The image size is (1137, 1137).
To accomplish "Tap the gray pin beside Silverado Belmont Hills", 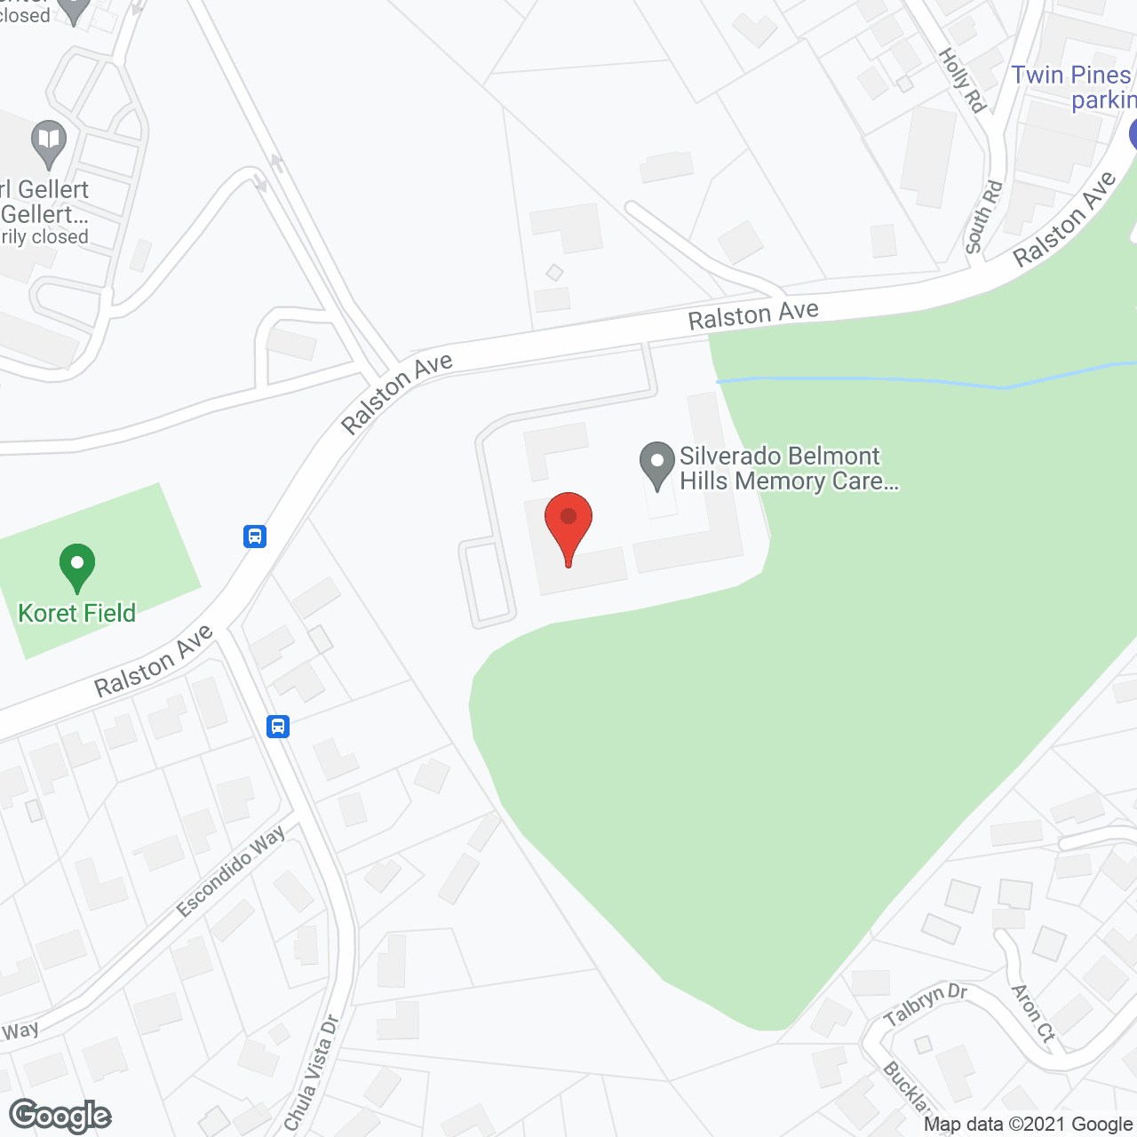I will (x=657, y=465).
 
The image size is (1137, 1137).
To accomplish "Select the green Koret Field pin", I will (x=77, y=567).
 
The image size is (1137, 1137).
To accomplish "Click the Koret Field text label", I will (x=77, y=613).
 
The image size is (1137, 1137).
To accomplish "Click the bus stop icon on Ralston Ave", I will (x=255, y=537).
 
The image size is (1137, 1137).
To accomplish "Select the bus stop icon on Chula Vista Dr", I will (x=278, y=727).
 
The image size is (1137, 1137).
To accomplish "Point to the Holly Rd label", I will (x=963, y=81).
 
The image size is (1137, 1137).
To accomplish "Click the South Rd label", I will (x=983, y=217).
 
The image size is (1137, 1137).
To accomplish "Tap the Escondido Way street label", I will (x=231, y=871).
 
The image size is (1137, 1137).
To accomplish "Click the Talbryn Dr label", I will (x=925, y=1004).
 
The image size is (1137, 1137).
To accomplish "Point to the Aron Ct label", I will (x=1033, y=1014).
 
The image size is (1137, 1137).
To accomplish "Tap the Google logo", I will (x=60, y=1116).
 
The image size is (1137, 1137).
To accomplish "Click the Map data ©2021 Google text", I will (x=1028, y=1125).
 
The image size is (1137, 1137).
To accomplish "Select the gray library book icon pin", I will (x=49, y=141).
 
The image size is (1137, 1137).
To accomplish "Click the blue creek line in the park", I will (x=888, y=381).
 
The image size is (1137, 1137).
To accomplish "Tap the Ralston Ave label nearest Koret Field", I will (x=154, y=661).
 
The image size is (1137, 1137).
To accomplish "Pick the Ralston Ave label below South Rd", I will (x=1064, y=219).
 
